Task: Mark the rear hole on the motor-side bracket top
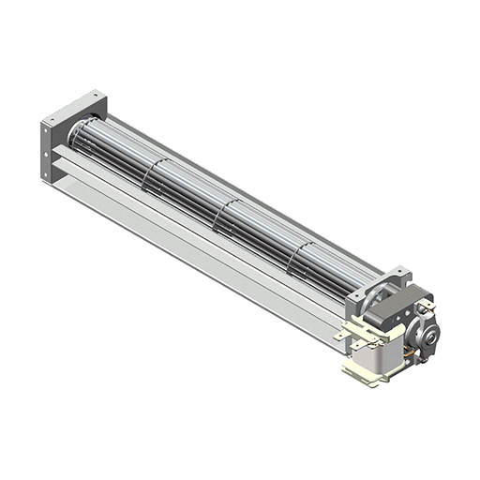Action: [x=397, y=273]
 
